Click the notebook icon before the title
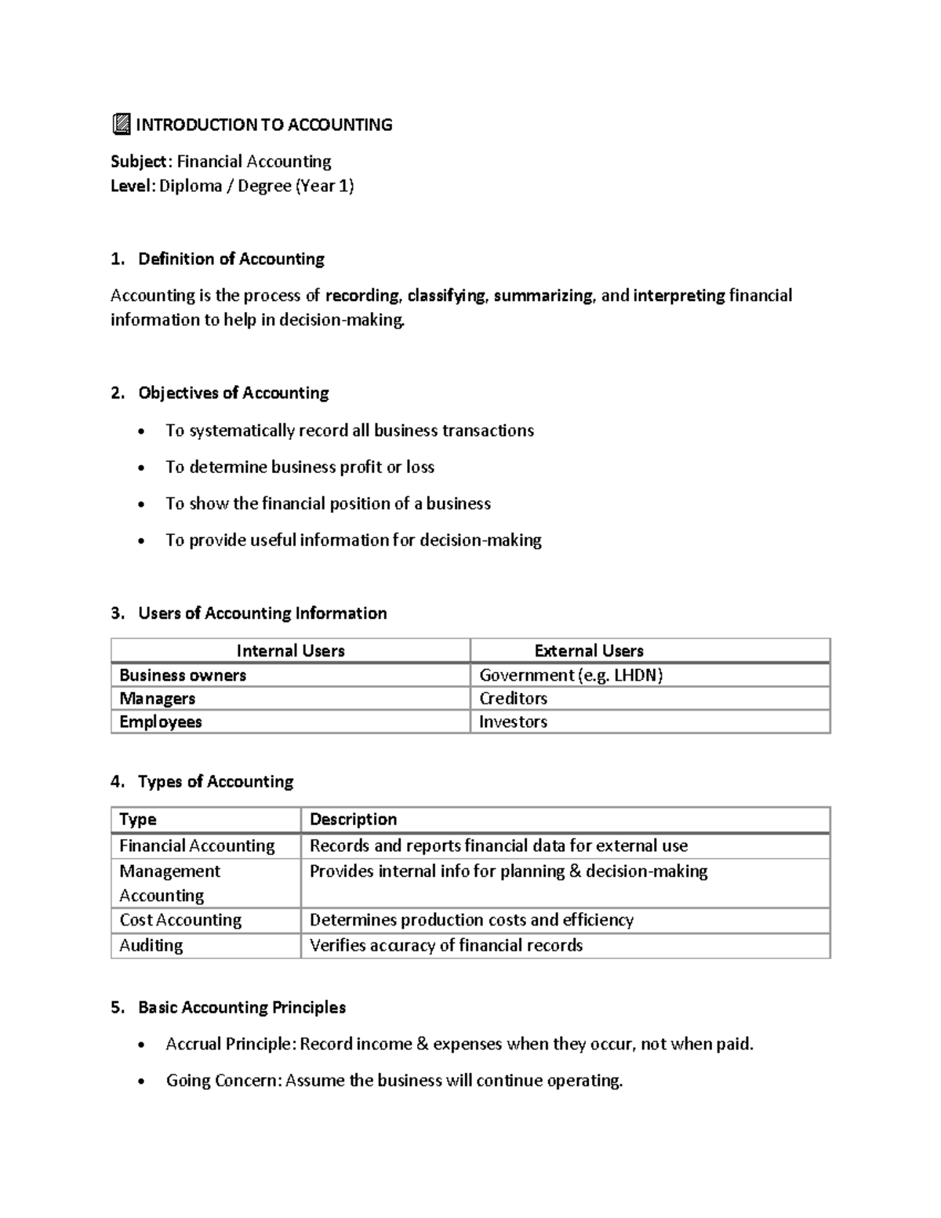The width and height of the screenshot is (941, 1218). pyautogui.click(x=121, y=124)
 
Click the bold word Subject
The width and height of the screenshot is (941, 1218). pyautogui.click(x=138, y=162)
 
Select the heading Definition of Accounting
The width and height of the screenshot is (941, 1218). pyautogui.click(x=231, y=260)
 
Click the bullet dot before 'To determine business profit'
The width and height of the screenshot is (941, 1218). pyautogui.click(x=141, y=468)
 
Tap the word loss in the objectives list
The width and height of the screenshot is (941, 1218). pyautogui.click(x=420, y=467)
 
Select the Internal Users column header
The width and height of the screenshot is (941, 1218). pyautogui.click(x=290, y=651)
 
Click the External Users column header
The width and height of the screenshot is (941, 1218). pyautogui.click(x=588, y=651)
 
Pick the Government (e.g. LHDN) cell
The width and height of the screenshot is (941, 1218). pyautogui.click(x=570, y=675)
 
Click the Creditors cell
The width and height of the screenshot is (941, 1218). pyautogui.click(x=513, y=699)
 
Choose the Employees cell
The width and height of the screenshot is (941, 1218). pyautogui.click(x=160, y=722)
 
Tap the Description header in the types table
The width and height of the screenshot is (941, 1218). pyautogui.click(x=353, y=820)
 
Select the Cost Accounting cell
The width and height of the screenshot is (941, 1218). pyautogui.click(x=180, y=920)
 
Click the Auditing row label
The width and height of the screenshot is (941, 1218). pyautogui.click(x=151, y=946)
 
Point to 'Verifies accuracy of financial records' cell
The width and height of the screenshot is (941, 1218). pyautogui.click(x=445, y=946)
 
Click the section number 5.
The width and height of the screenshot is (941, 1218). pyautogui.click(x=117, y=1008)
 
